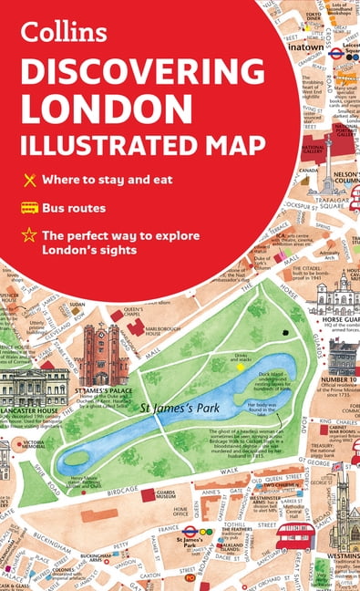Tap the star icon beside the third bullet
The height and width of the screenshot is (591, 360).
[x=30, y=235]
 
